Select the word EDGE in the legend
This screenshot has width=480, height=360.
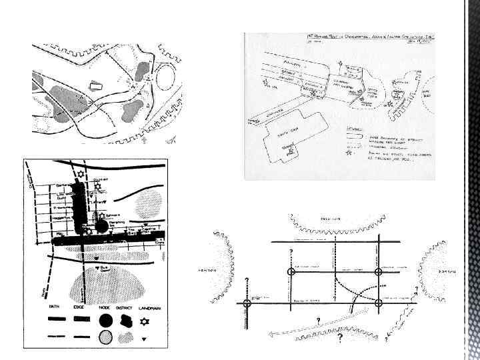point(81,309)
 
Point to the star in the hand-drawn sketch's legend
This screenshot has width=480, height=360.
point(349,152)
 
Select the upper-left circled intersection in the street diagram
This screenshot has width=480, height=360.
point(291,272)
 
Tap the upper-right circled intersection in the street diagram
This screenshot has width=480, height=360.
point(379,272)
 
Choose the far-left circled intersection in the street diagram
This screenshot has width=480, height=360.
point(247,303)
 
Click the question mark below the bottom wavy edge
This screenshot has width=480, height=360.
point(339,339)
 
